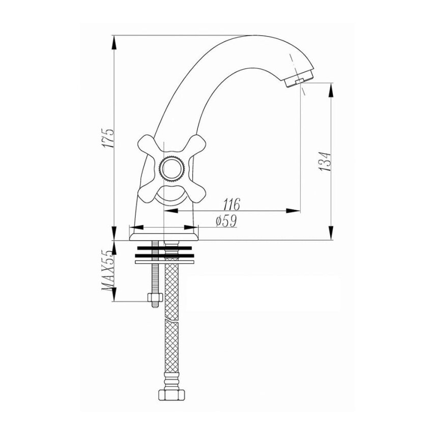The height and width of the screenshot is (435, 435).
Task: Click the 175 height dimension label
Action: tap(108, 138)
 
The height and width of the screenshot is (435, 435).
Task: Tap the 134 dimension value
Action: tap(325, 161)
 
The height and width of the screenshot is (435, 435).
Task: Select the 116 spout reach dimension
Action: tap(231, 204)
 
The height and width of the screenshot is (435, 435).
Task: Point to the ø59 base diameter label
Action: tap(226, 221)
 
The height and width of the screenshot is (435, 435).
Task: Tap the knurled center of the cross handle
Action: tap(172, 169)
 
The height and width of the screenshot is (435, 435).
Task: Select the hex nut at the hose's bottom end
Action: tap(172, 394)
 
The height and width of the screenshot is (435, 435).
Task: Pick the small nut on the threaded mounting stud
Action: tap(155, 298)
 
